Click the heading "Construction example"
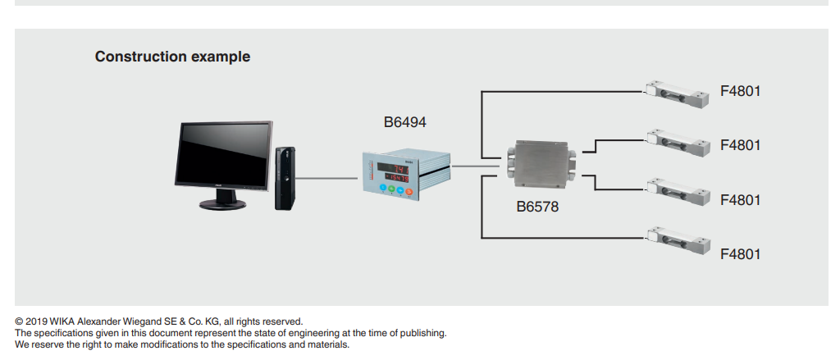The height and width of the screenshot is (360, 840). [x=172, y=57]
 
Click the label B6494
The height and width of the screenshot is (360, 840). [x=405, y=123]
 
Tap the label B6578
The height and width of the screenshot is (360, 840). [x=537, y=207]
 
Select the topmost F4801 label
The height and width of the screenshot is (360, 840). [x=740, y=91]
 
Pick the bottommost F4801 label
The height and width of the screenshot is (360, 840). [x=740, y=253]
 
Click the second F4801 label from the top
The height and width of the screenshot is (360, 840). [x=740, y=145]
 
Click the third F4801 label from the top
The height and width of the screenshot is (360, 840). [x=740, y=199]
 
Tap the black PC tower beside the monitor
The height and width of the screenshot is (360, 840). [x=285, y=176]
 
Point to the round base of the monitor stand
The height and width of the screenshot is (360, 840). [x=221, y=203]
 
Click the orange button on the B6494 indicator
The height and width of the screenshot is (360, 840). [x=409, y=191]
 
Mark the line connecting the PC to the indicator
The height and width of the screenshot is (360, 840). [x=327, y=176]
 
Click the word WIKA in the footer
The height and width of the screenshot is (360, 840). [x=64, y=321]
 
